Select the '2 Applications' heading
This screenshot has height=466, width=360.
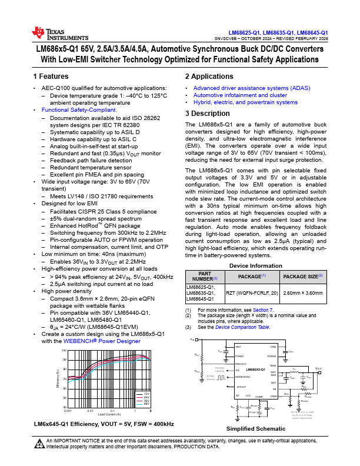[x=209, y=76]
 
